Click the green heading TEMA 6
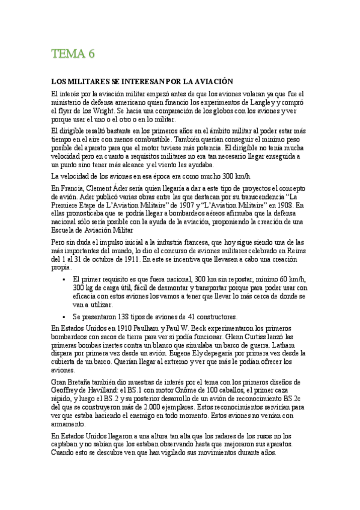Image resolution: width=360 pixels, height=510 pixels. (73, 54)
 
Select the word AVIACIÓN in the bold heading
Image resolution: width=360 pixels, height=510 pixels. (210, 81)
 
